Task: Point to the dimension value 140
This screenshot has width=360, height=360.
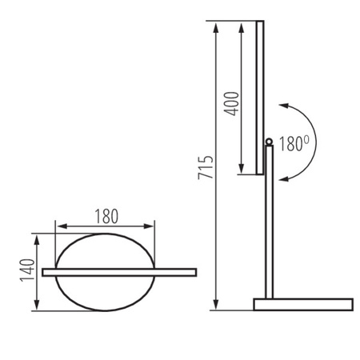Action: [26, 272]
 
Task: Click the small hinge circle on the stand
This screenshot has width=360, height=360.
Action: [269, 142]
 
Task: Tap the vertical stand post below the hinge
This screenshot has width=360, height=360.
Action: [270, 224]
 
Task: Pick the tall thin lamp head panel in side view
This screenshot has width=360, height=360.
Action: [259, 96]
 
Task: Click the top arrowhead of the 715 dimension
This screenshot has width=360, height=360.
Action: [216, 26]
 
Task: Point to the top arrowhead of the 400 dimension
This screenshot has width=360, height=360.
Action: [240, 26]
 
